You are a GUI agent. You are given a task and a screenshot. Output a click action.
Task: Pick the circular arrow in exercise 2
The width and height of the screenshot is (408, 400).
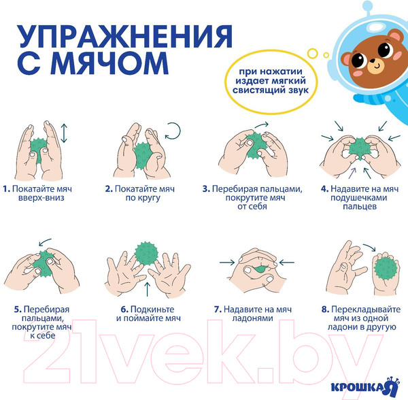(173, 130)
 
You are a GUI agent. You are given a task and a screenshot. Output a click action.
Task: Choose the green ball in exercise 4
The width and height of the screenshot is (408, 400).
(359, 147)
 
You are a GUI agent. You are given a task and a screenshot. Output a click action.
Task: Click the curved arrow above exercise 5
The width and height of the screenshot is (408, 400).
(46, 241)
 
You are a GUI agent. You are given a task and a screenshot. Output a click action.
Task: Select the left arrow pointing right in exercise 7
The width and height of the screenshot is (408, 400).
(228, 260)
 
